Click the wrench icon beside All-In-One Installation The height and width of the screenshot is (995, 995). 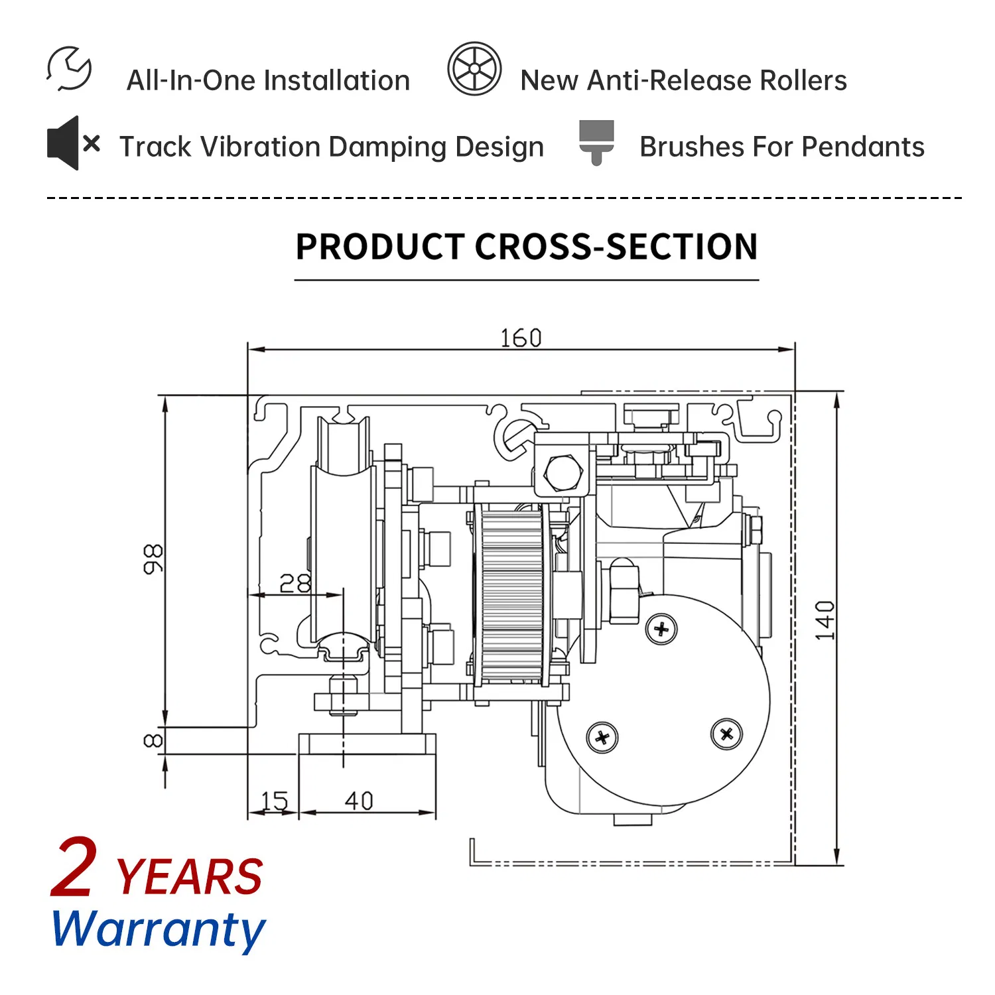coord(69,68)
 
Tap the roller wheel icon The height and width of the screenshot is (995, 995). coord(474,69)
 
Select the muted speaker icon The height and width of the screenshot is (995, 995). coord(74,143)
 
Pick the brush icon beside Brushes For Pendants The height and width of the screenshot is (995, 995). coord(596,143)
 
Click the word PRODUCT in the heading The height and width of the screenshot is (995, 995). coord(379,247)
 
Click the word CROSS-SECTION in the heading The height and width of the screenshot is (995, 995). coord(616,247)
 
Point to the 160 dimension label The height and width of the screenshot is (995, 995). coord(521,338)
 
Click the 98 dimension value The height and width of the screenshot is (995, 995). coord(153,559)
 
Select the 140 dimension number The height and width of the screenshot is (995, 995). coord(825,620)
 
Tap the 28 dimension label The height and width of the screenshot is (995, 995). coord(295,583)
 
